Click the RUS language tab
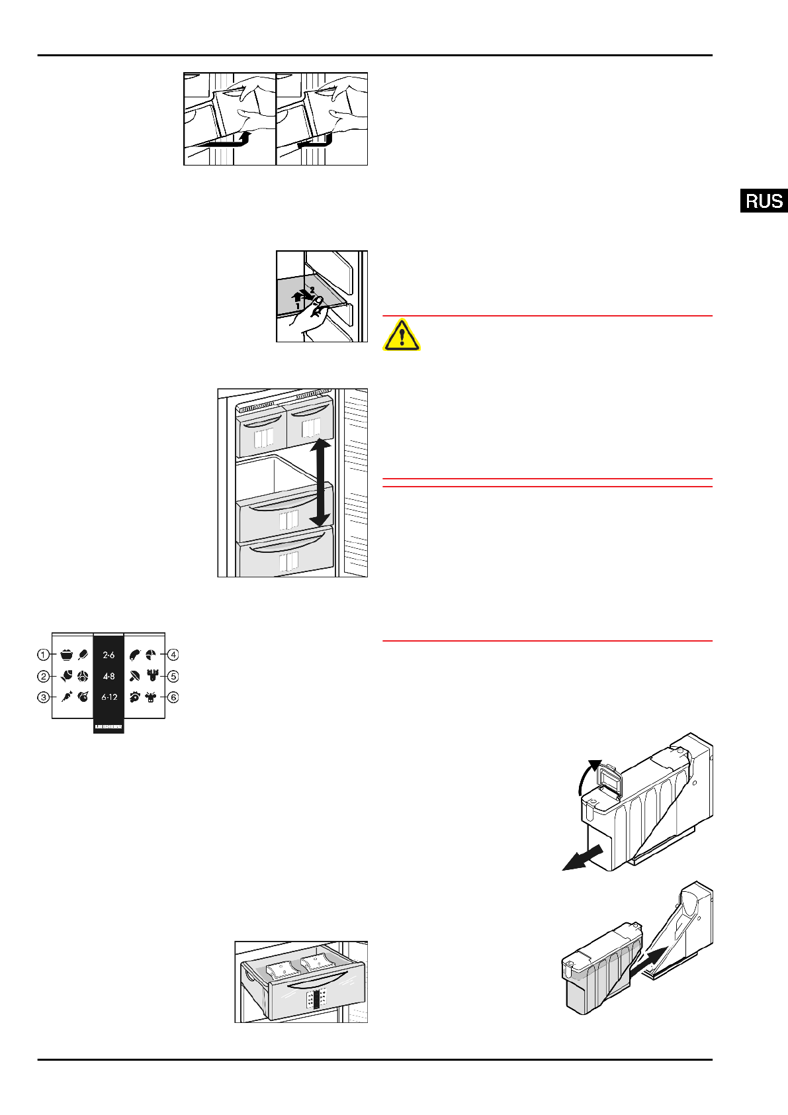pos(764,201)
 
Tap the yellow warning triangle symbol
pos(401,335)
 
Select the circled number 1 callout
pos(44,655)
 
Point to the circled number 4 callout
pos(173,655)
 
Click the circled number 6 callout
pos(173,697)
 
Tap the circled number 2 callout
pos(44,676)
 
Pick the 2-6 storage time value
pos(109,655)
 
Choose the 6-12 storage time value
pos(109,697)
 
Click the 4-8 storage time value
pos(109,676)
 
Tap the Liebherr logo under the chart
pos(109,727)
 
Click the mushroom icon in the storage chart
pos(135,676)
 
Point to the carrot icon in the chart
pos(67,697)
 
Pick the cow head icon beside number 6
pos(152,697)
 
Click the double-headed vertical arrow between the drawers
pos(320,483)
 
